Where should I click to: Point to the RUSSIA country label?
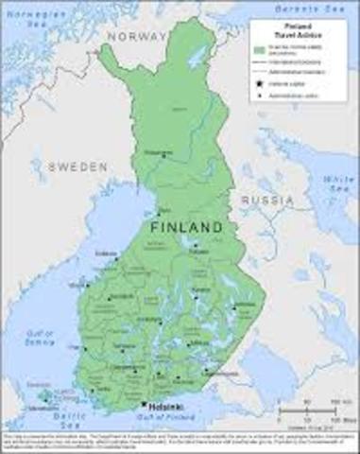267,201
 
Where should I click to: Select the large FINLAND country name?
186,228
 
